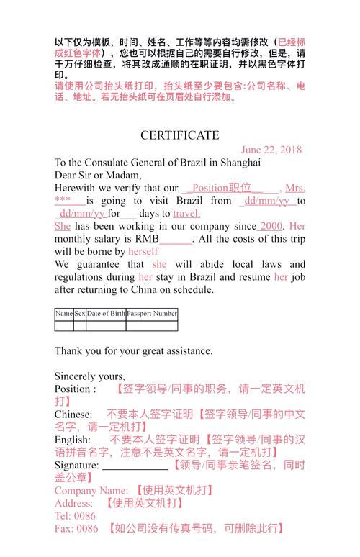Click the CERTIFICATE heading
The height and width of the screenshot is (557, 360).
tap(180, 135)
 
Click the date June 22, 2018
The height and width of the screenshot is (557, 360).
tap(271, 150)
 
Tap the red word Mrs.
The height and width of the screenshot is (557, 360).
tap(295, 188)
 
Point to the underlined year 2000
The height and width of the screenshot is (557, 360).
tap(271, 226)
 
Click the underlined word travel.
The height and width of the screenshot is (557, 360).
tap(186, 213)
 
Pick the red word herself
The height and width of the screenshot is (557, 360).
tap(143, 251)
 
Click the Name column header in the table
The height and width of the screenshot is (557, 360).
tap(64, 314)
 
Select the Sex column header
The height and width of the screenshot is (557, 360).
tap(80, 314)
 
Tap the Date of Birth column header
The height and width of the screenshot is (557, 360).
tap(106, 314)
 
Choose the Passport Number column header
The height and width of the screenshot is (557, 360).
tap(152, 314)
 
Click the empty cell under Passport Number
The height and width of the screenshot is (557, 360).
tap(152, 325)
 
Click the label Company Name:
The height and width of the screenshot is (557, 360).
tap(91, 490)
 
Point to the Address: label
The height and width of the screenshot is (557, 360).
tap(73, 503)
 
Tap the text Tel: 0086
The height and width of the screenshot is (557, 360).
tap(75, 516)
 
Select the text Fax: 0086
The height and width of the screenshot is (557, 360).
tap(76, 529)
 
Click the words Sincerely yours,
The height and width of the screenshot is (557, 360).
tap(90, 376)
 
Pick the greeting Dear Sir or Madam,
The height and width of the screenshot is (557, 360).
tap(99, 175)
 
